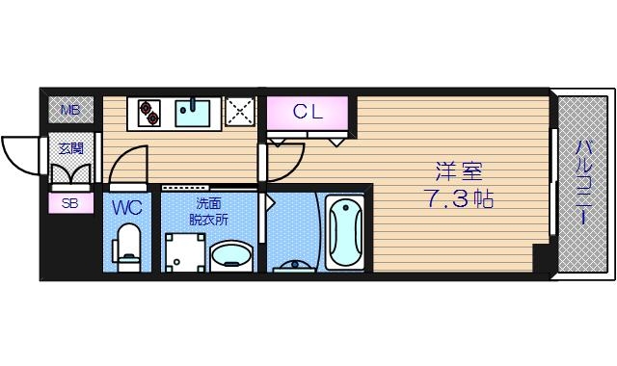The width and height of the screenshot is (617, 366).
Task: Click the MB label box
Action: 71,110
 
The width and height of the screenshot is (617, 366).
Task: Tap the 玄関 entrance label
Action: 70,148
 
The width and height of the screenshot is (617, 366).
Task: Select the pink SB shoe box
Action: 71,203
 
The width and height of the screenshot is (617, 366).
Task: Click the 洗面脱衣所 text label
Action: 208,211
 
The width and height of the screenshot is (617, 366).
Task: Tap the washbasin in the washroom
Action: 230,256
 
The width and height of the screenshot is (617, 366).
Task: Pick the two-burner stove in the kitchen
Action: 149,113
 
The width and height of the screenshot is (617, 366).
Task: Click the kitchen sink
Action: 198,112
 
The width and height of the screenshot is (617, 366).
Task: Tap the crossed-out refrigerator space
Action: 239,112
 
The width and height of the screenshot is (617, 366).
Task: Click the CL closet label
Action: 308,111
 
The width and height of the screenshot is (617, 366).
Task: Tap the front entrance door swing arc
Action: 21,154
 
